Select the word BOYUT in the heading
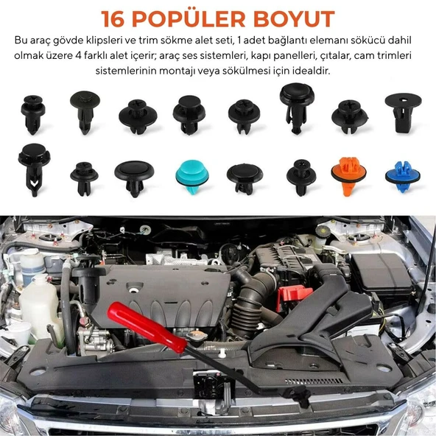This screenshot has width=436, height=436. [294, 19]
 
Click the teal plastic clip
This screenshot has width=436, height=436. [192, 176]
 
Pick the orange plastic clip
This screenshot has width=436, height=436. [348, 175]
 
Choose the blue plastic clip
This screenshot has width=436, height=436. [403, 176]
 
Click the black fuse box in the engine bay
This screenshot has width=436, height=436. [381, 274]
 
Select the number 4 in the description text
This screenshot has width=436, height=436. [78, 56]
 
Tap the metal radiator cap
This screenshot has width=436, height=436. [197, 336]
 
